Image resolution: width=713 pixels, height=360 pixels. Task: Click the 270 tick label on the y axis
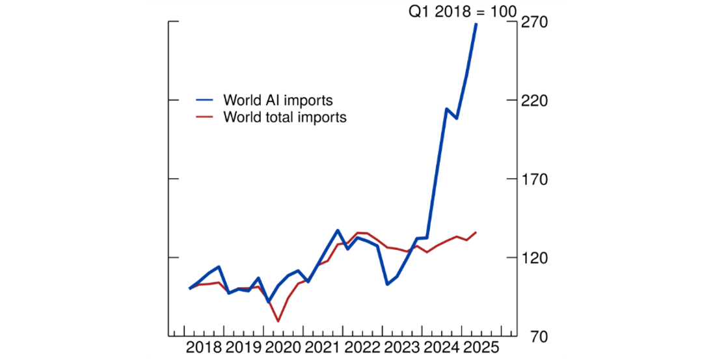click(533, 23)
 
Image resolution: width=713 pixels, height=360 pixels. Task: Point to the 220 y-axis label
click(533, 101)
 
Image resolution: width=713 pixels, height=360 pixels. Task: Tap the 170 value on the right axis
click(533, 180)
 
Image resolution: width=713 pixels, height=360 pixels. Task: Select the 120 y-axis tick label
click(533, 258)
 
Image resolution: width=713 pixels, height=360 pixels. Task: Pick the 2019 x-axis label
click(243, 346)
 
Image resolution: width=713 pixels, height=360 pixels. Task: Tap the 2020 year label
click(283, 346)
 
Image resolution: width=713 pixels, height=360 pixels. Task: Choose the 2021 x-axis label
click(323, 346)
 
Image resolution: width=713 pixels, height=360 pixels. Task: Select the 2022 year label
click(363, 346)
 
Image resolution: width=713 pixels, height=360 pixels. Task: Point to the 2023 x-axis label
click(403, 346)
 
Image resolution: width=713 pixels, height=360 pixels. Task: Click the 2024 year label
click(442, 346)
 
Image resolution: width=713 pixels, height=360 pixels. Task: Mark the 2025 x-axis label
click(482, 346)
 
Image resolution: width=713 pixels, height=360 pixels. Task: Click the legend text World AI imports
click(278, 100)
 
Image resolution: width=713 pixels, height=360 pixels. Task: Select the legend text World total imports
click(284, 117)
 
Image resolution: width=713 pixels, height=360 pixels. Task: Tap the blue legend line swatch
click(205, 100)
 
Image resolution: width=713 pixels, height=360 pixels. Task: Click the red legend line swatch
click(205, 117)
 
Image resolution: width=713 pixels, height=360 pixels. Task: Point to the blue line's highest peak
click(476, 24)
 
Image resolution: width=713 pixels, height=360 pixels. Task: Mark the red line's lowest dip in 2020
click(278, 321)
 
